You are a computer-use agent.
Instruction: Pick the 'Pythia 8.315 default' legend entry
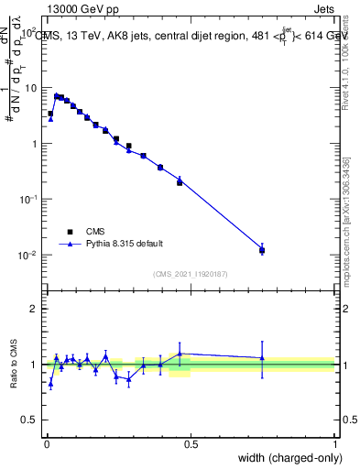[x=124, y=244]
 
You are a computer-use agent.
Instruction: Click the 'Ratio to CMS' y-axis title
[x=13, y=364]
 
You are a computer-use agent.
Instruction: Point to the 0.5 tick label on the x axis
[x=191, y=443]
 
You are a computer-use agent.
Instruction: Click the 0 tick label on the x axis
[x=47, y=443]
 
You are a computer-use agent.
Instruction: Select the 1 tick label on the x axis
[x=334, y=443]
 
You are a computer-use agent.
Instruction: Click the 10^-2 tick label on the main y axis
[x=29, y=256]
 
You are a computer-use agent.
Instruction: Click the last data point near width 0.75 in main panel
[x=262, y=250]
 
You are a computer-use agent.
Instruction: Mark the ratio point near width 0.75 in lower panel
[x=262, y=358]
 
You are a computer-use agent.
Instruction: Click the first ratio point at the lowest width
[x=50, y=384]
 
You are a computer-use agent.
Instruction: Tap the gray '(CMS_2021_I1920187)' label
[x=191, y=274]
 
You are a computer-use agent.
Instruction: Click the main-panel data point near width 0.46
[x=180, y=182]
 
